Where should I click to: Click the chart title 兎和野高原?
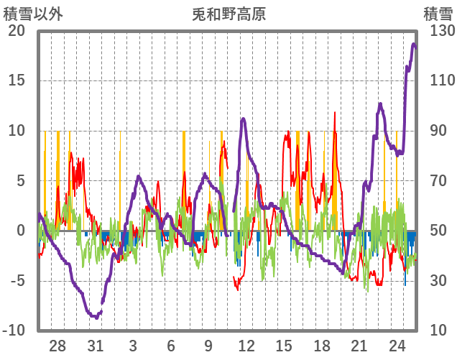pyautogui.click(x=229, y=14)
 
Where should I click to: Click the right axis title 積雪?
pyautogui.click(x=438, y=14)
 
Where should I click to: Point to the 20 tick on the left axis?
pyautogui.click(x=17, y=31)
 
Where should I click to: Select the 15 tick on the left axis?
pyautogui.click(x=17, y=80)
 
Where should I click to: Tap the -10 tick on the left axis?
pyautogui.click(x=14, y=331)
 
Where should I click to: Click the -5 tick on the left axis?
pyautogui.click(x=17, y=280)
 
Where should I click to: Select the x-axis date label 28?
pyautogui.click(x=57, y=346)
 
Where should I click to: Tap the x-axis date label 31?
pyautogui.click(x=96, y=346)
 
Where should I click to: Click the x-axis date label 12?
pyautogui.click(x=246, y=346)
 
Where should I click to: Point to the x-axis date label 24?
pyautogui.click(x=397, y=346)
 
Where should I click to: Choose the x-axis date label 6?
pyautogui.click(x=171, y=346)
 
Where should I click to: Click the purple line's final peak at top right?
pyautogui.click(x=414, y=45)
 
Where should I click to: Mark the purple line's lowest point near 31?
pyautogui.click(x=95, y=316)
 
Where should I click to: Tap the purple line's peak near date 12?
pyautogui.click(x=244, y=119)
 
